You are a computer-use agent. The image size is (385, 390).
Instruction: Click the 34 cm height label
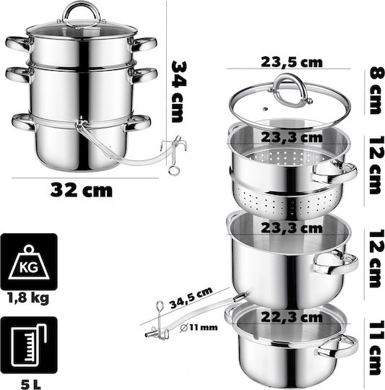[179, 92]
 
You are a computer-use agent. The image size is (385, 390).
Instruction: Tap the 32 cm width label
[82, 190]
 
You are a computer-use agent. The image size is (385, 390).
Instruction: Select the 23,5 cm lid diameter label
[292, 62]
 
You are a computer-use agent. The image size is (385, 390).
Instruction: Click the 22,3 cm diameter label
[292, 317]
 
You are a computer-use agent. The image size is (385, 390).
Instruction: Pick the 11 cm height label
[375, 347]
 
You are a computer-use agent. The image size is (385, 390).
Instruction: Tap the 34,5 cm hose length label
[191, 298]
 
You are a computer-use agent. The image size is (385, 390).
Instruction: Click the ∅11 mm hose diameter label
[199, 327]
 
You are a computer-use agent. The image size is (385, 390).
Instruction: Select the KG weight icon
[29, 261]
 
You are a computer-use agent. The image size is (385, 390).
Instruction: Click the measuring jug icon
[29, 344]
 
